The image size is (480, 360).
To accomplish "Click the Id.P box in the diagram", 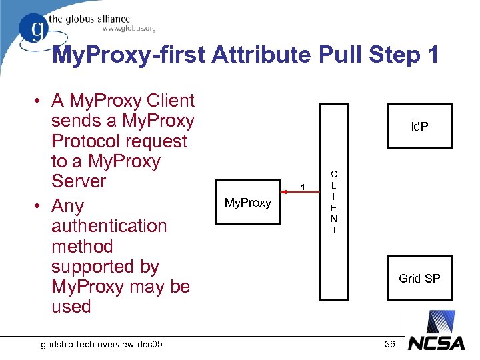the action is (x=419, y=126).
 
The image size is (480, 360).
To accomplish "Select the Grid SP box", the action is (x=419, y=278).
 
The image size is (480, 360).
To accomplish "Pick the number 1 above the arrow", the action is (x=302, y=186).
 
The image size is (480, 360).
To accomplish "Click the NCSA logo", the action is (x=436, y=343).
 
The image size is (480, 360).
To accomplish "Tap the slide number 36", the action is (x=390, y=343).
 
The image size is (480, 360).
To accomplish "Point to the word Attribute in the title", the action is (x=269, y=55).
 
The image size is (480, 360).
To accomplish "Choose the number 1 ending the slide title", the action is (x=431, y=55).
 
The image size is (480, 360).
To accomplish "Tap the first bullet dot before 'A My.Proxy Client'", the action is (x=40, y=102).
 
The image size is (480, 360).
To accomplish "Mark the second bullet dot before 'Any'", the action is (x=40, y=207).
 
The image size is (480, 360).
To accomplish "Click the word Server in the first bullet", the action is (x=79, y=181).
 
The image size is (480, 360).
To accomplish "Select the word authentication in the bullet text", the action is (x=109, y=226).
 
